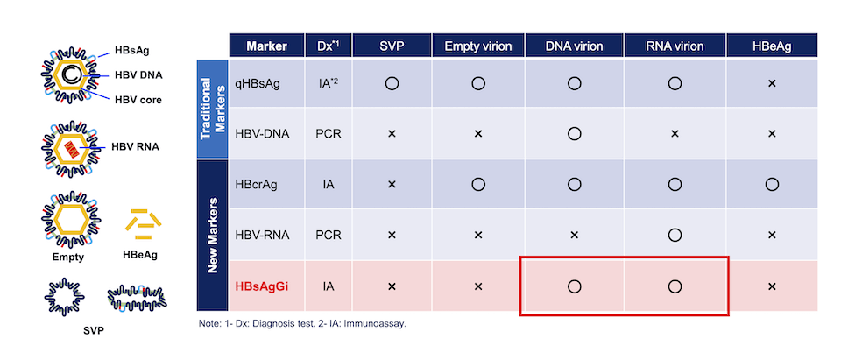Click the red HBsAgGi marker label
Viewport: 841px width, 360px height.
point(262,286)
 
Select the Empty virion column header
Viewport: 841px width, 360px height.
point(475,46)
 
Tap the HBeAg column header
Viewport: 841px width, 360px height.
point(772,46)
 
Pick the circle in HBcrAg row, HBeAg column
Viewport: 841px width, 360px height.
point(772,184)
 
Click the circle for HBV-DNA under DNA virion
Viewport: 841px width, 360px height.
point(574,134)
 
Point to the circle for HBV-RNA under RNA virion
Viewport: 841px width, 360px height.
point(674,235)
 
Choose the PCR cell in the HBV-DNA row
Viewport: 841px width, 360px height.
point(329,134)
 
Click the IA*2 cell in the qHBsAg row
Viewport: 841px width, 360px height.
point(329,83)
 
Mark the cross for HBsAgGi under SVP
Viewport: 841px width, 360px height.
point(392,286)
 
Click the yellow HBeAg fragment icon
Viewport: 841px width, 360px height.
point(141,226)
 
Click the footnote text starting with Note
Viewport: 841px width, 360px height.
point(302,324)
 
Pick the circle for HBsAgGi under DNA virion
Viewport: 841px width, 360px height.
point(574,286)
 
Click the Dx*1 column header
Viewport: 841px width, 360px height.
point(329,46)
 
